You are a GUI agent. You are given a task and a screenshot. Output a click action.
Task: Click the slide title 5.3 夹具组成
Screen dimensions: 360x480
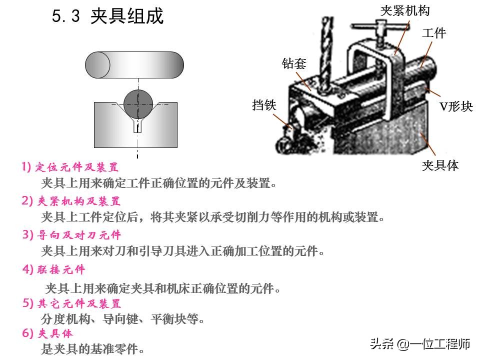click(x=107, y=16)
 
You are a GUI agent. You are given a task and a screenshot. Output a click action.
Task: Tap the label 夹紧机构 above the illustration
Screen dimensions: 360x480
click(x=404, y=10)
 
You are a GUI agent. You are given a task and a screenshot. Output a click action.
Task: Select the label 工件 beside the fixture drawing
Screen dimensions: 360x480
click(x=433, y=33)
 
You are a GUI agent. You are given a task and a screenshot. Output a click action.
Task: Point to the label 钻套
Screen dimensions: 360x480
click(x=293, y=63)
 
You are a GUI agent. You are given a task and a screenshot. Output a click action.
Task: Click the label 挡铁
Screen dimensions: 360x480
click(x=264, y=105)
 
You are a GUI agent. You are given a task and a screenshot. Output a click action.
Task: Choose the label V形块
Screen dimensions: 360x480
click(x=455, y=106)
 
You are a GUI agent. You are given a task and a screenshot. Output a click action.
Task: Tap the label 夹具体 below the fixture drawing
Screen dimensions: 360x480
click(x=439, y=165)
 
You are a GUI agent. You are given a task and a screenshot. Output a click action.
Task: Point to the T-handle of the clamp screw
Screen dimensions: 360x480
click(x=372, y=26)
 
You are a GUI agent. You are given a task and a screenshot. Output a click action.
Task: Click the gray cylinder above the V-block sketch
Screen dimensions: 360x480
click(x=134, y=65)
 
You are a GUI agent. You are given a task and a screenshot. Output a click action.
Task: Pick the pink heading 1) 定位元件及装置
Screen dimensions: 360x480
click(x=70, y=167)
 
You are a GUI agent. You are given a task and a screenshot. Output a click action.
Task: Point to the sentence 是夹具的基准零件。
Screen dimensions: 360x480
click(x=93, y=349)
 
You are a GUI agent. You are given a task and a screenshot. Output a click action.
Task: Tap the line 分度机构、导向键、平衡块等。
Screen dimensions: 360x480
click(x=123, y=318)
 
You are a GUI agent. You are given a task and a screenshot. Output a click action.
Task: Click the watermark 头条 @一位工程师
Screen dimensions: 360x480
click(x=420, y=344)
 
